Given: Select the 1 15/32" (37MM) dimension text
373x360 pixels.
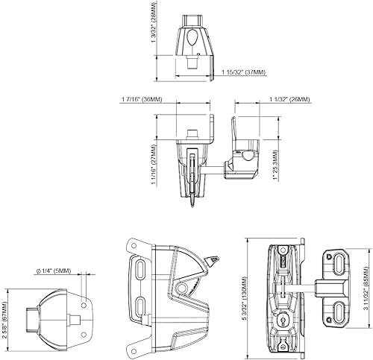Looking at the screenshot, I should tap(244, 72).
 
